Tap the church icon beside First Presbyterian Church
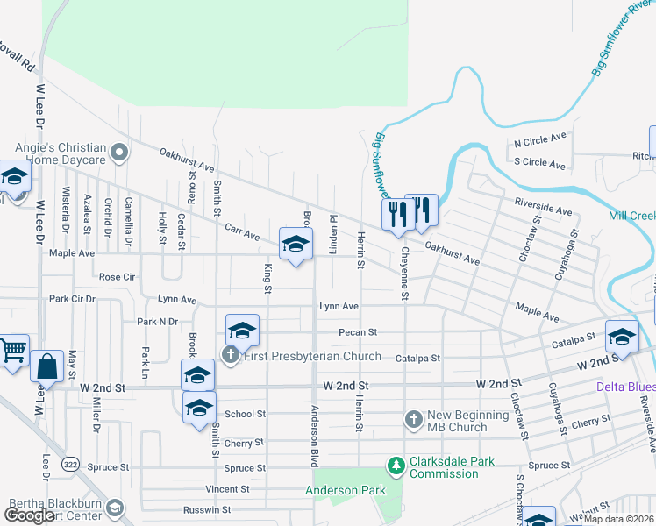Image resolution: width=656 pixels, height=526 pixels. tap(230, 355)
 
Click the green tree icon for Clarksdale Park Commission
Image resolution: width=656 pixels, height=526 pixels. tap(396, 463)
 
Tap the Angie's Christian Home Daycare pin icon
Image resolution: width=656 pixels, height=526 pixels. tap(121, 154)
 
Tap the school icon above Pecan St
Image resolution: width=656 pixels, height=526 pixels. tap(242, 331)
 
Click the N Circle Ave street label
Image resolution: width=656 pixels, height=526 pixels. tap(540, 140)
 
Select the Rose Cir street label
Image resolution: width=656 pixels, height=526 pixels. tap(117, 276)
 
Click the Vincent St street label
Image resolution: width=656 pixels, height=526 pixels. tap(227, 489)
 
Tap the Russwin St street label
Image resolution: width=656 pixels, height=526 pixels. tap(206, 509)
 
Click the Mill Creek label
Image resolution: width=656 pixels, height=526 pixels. tap(632, 216)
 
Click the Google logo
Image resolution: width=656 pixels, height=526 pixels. tap(29, 515)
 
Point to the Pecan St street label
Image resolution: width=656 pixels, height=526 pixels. tap(358, 332)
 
